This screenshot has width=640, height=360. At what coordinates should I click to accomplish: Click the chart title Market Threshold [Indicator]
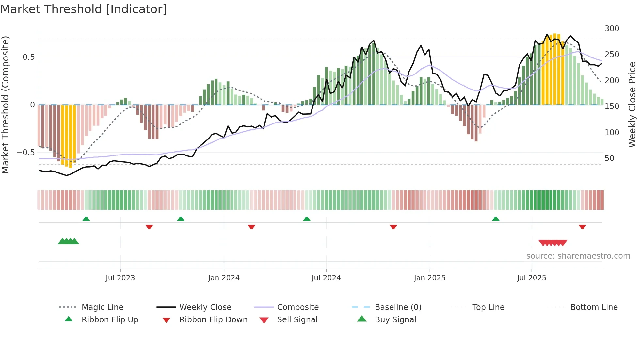pyautogui.click(x=84, y=9)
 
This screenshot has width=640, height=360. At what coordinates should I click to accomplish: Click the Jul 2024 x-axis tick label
pyautogui.click(x=326, y=278)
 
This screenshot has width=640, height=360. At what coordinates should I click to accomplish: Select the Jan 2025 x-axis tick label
pyautogui.click(x=429, y=278)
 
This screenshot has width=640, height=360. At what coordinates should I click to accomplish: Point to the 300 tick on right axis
pyautogui.click(x=612, y=29)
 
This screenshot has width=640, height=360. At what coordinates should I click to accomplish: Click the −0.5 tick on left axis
pyautogui.click(x=25, y=153)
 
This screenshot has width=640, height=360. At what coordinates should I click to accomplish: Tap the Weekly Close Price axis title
pyautogui.click(x=632, y=105)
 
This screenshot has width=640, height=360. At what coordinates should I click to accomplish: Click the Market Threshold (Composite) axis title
pyautogui.click(x=5, y=105)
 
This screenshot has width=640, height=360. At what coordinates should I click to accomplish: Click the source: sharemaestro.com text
pyautogui.click(x=578, y=256)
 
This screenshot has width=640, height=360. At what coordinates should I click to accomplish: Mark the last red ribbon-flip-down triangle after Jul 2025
pyautogui.click(x=582, y=227)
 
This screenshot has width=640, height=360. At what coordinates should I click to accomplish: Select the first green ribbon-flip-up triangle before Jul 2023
pyautogui.click(x=86, y=219)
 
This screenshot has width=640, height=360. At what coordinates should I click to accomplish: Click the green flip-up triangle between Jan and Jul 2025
pyautogui.click(x=496, y=219)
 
